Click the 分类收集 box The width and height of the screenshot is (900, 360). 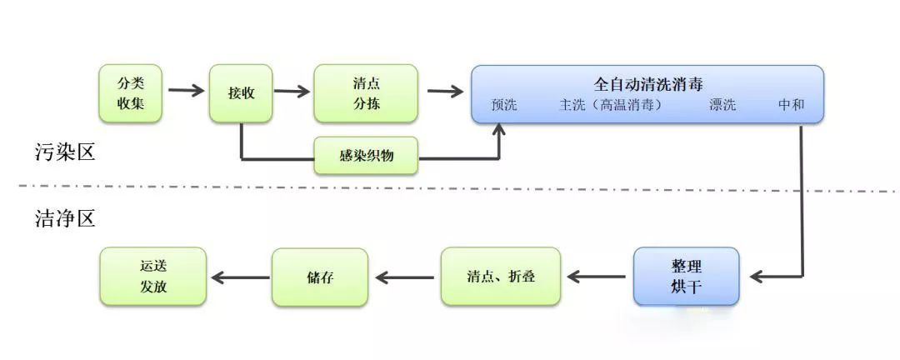pos(129,93)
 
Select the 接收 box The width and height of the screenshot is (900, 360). pos(241,93)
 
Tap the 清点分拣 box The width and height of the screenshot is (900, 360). pos(366,93)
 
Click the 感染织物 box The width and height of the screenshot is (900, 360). pos(366,155)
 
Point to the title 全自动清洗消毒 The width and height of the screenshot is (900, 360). pos(647,84)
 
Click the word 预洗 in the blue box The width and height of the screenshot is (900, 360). pos(504,106)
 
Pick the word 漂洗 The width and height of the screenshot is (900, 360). pos(722,106)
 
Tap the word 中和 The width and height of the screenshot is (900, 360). pos(791,106)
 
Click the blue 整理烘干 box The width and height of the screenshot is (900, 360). pos(686,277)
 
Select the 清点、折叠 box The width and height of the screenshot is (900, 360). pos(501,277)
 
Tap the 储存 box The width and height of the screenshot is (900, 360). pos(320,277)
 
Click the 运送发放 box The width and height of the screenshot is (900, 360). pos(152,277)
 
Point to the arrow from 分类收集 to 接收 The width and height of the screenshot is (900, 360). pos(186,91)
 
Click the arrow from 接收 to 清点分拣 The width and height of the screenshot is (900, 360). pos(292,91)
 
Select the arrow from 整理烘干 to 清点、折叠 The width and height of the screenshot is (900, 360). pos(597,277)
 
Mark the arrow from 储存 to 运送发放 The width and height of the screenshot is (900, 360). pos(238,277)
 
